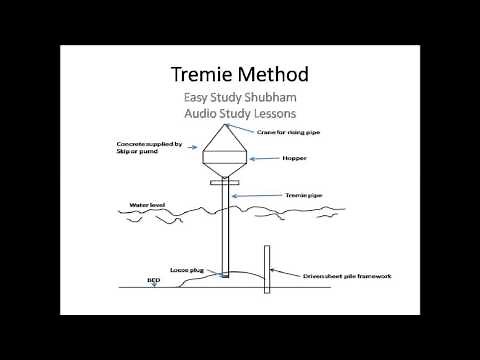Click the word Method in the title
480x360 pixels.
(x=272, y=75)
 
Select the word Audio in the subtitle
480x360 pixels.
(x=203, y=115)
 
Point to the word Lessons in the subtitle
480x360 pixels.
(x=274, y=115)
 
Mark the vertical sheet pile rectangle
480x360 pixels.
(x=266, y=269)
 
